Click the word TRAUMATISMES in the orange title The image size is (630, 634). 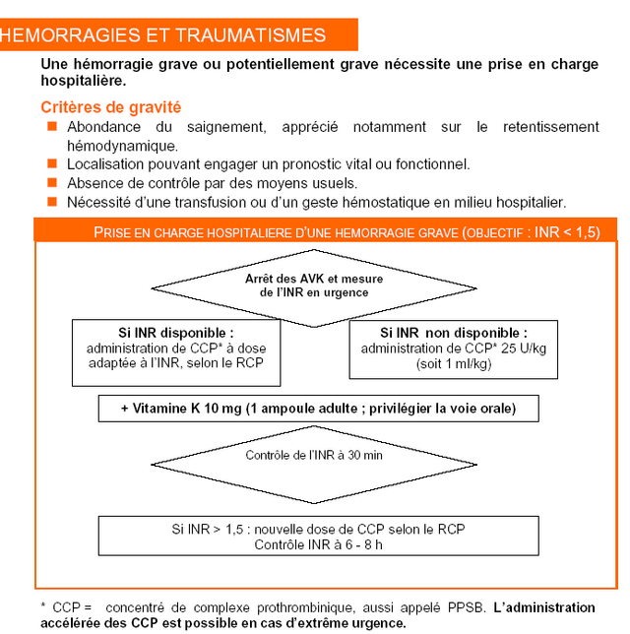point(251,35)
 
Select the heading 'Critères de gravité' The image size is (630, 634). point(111,107)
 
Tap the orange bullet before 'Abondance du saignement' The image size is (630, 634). point(52,126)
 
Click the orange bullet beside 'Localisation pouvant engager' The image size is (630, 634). point(52,163)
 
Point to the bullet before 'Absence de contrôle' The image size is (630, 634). point(52,183)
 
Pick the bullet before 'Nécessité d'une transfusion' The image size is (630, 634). point(52,202)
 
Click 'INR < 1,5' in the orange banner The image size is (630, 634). point(567,232)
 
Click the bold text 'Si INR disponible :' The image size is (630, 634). point(176,333)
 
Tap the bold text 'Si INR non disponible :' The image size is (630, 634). point(454,333)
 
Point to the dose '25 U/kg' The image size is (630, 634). point(524,349)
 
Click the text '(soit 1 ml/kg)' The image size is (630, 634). point(454,364)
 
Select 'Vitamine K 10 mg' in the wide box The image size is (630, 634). point(187,409)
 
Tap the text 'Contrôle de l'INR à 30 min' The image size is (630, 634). point(314,455)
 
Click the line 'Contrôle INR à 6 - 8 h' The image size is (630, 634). point(318,545)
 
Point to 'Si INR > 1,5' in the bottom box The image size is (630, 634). point(207,530)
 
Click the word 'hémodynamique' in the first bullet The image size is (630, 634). point(122,146)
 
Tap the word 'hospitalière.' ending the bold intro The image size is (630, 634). point(84,81)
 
